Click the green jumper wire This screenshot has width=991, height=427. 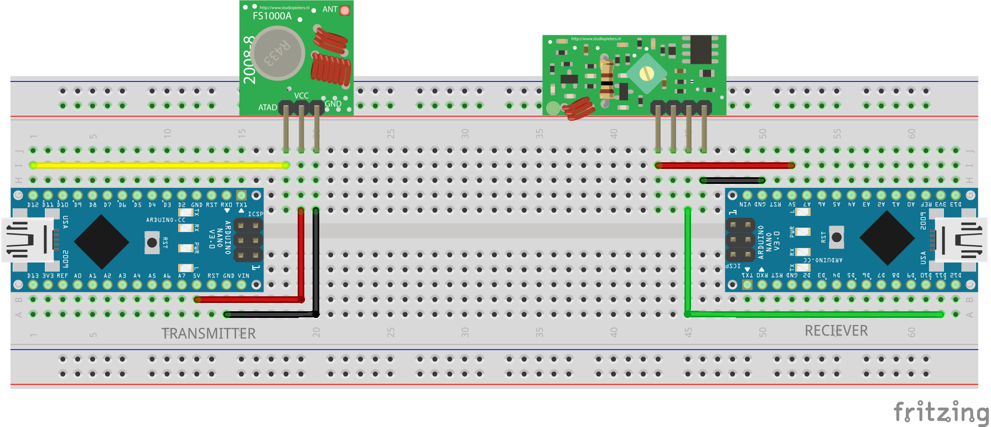click(813, 314)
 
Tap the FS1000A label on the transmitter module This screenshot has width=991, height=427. click(272, 16)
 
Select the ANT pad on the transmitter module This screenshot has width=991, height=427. click(345, 10)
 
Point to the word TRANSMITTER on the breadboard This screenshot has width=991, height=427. click(209, 333)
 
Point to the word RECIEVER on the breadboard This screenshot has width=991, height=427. click(836, 331)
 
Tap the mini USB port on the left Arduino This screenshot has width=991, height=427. click(28, 239)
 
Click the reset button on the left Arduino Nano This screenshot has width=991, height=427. click(152, 243)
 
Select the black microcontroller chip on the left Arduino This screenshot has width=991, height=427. click(101, 242)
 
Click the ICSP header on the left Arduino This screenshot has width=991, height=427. click(248, 240)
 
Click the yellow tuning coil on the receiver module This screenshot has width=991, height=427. click(646, 73)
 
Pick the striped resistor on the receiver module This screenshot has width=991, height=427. click(606, 78)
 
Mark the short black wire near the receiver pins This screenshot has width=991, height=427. click(732, 180)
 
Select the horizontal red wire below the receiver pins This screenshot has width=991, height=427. click(725, 165)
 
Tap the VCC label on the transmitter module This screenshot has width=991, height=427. click(302, 96)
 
